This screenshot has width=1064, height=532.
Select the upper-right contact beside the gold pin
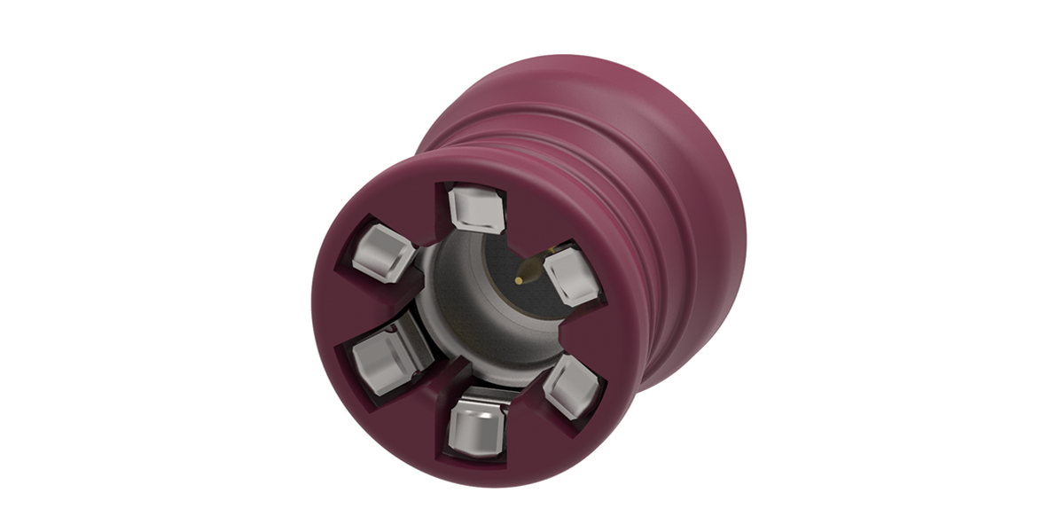click(x=572, y=276)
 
